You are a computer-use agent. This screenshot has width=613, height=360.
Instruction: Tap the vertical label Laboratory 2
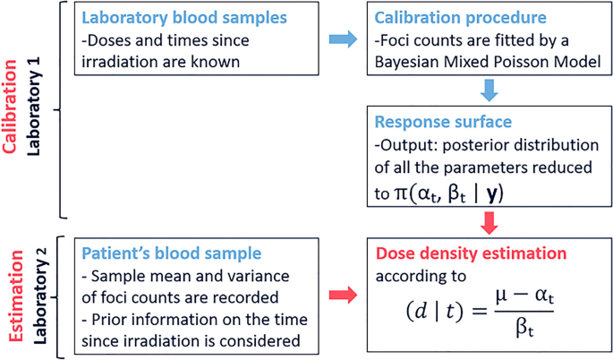pos(36,296)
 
